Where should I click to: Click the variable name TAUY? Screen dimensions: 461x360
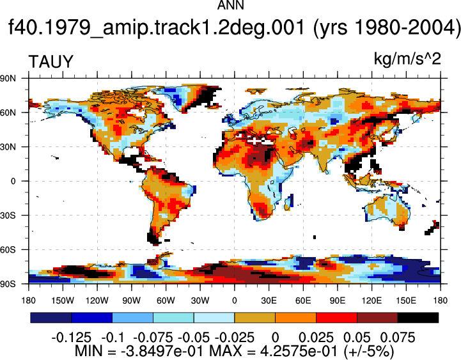(51, 62)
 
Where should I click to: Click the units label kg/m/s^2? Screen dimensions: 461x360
(407, 59)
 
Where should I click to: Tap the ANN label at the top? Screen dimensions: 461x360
(230, 5)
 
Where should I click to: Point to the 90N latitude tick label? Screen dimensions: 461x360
(8, 78)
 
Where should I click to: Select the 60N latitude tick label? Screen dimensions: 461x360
(8, 113)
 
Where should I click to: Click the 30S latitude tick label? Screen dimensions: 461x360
(8, 215)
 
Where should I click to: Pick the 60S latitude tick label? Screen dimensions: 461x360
(8, 250)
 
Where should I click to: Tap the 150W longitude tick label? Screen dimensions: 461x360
(63, 301)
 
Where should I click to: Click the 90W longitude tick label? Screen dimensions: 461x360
(132, 301)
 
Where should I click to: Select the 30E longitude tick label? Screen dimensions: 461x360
(269, 301)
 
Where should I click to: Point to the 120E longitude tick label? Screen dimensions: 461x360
(371, 301)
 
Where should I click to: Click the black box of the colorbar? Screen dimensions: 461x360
(418, 318)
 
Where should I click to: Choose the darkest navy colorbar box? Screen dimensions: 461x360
(51, 318)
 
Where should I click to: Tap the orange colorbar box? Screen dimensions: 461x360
(295, 318)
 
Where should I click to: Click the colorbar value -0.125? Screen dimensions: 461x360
(72, 338)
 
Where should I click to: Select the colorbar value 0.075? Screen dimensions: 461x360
(398, 338)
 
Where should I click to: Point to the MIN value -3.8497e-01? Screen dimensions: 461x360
(155, 351)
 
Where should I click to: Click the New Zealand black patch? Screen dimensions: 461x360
(432, 228)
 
